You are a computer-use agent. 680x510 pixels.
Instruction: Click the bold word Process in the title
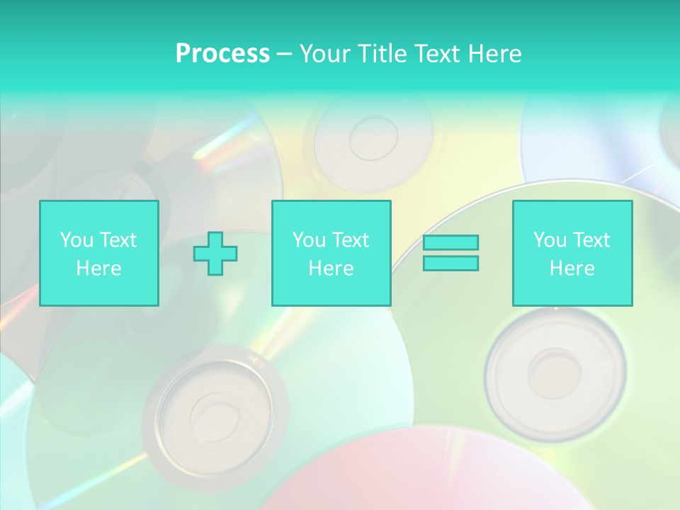pyautogui.click(x=222, y=54)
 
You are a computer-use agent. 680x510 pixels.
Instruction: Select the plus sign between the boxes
pyautogui.click(x=215, y=254)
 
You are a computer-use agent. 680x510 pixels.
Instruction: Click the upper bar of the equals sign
pyautogui.click(x=450, y=242)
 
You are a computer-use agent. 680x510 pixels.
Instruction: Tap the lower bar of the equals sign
pyautogui.click(x=450, y=263)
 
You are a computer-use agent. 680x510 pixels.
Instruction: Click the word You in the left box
pyautogui.click(x=76, y=240)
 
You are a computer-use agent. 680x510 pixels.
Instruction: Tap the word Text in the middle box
pyautogui.click(x=351, y=240)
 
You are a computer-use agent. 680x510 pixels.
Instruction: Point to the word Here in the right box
pyautogui.click(x=572, y=268)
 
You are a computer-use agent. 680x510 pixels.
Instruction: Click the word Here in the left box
pyautogui.click(x=98, y=268)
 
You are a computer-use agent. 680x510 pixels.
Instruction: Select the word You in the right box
pyautogui.click(x=550, y=240)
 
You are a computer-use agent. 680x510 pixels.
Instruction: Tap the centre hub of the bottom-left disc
pyautogui.click(x=213, y=411)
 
